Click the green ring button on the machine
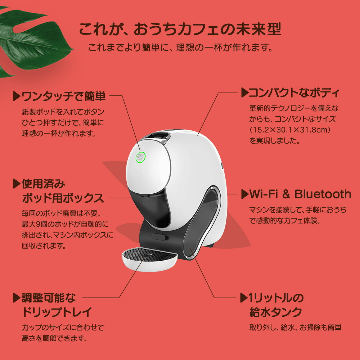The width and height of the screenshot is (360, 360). (140, 158)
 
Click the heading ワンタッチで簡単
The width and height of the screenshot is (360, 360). (64, 96)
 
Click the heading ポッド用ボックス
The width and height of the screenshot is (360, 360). (63, 198)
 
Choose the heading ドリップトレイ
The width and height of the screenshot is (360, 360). (57, 312)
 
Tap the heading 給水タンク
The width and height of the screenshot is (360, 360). (275, 312)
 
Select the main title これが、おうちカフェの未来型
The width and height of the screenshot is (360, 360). (180, 30)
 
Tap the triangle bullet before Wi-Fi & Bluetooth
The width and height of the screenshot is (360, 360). (244, 194)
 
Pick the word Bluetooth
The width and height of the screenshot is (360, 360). (323, 194)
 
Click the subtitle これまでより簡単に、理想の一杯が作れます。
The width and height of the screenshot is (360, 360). (180, 47)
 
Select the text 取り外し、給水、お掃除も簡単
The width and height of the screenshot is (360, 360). (295, 328)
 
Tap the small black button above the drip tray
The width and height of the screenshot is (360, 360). (158, 237)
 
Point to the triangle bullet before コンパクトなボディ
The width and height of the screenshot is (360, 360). (244, 93)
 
